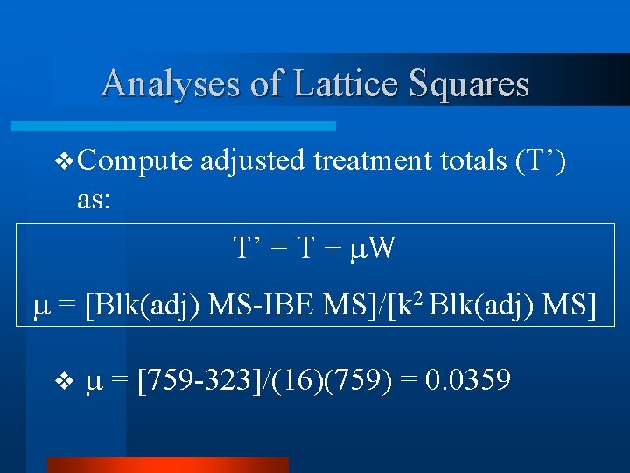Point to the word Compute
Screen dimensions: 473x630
pos(136,161)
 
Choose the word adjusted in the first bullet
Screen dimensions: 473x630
pos(262,161)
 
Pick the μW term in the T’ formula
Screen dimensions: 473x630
pos(372,249)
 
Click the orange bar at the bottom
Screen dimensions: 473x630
pos(166,464)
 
